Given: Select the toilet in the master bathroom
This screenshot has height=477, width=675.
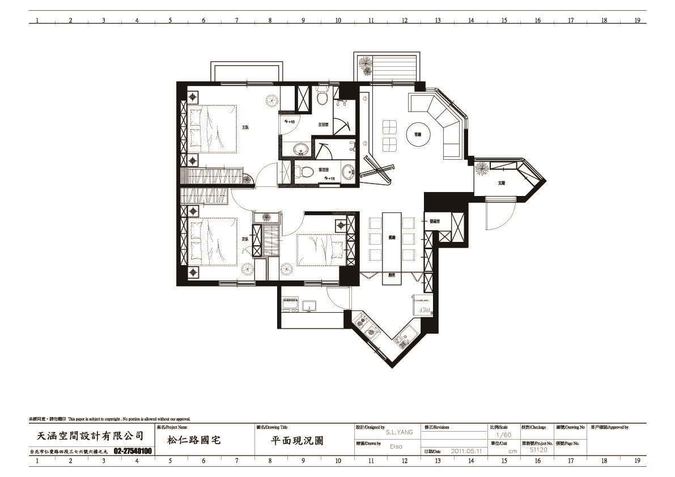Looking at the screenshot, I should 322,97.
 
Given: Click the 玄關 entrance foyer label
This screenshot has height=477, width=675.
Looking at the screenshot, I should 501,183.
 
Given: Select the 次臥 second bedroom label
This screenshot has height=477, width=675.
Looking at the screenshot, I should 245,238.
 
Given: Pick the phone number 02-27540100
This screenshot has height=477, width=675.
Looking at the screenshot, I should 133,452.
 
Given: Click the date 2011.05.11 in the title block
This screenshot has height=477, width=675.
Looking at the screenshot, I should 466,452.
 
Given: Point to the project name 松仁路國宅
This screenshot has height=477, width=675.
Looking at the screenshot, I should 194,440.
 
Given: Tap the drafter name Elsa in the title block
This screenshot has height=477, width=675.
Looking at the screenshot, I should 396,446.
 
